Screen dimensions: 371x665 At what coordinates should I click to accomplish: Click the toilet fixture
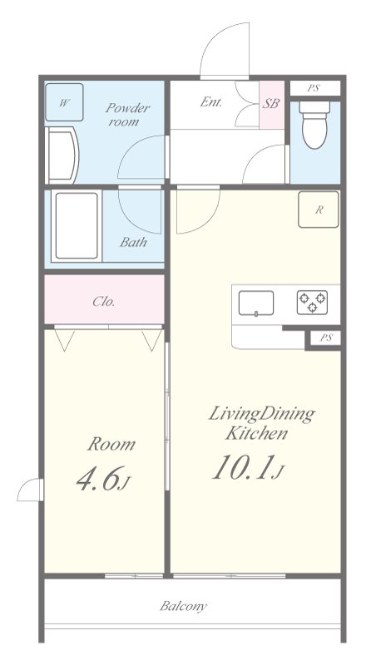click(314, 124)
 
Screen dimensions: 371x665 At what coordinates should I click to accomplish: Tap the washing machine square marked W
click(64, 102)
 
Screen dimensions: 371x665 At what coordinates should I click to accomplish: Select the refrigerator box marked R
click(319, 209)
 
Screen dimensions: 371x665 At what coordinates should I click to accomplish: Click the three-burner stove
click(312, 302)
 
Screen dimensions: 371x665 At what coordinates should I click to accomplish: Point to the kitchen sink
click(256, 303)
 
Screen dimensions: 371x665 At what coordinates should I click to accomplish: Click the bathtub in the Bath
click(77, 225)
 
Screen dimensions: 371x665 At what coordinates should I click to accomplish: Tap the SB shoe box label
click(271, 103)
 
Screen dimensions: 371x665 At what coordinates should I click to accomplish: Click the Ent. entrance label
click(211, 102)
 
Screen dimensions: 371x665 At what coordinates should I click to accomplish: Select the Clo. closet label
click(104, 302)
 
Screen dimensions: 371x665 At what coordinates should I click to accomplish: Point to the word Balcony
click(183, 606)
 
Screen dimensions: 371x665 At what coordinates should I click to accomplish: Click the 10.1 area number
click(243, 467)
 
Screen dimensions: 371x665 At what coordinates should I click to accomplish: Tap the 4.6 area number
click(97, 480)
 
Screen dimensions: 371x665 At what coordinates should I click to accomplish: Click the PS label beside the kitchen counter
click(326, 338)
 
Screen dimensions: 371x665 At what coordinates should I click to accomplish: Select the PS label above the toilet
click(314, 88)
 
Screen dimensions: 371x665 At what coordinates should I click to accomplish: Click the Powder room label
click(127, 115)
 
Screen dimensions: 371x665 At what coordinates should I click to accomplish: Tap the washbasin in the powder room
click(62, 155)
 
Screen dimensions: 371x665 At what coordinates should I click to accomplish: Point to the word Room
click(111, 444)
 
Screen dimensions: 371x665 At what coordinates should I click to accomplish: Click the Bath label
click(133, 242)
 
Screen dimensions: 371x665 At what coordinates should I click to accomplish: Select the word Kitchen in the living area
click(257, 433)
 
